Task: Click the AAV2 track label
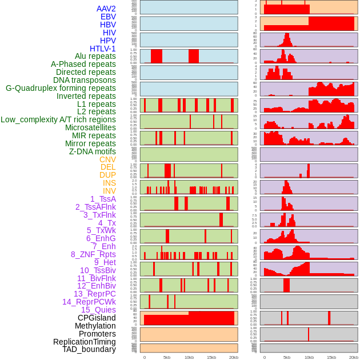coord(106,9)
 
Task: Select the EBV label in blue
coord(108,17)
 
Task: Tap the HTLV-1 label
coord(103,49)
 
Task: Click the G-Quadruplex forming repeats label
coord(61,88)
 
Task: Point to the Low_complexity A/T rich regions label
coord(58,119)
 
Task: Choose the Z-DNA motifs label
coord(93,151)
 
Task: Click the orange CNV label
coord(107,159)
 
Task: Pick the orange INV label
coord(109,191)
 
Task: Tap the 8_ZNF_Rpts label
coord(93,254)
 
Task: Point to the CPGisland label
coord(97,318)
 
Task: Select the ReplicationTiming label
coord(84,342)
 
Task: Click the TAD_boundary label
coord(89,349)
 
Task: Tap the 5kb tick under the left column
coord(167,357)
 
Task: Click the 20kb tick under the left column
coord(234,357)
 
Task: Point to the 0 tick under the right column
coord(264,357)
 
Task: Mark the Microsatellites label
coord(90,127)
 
